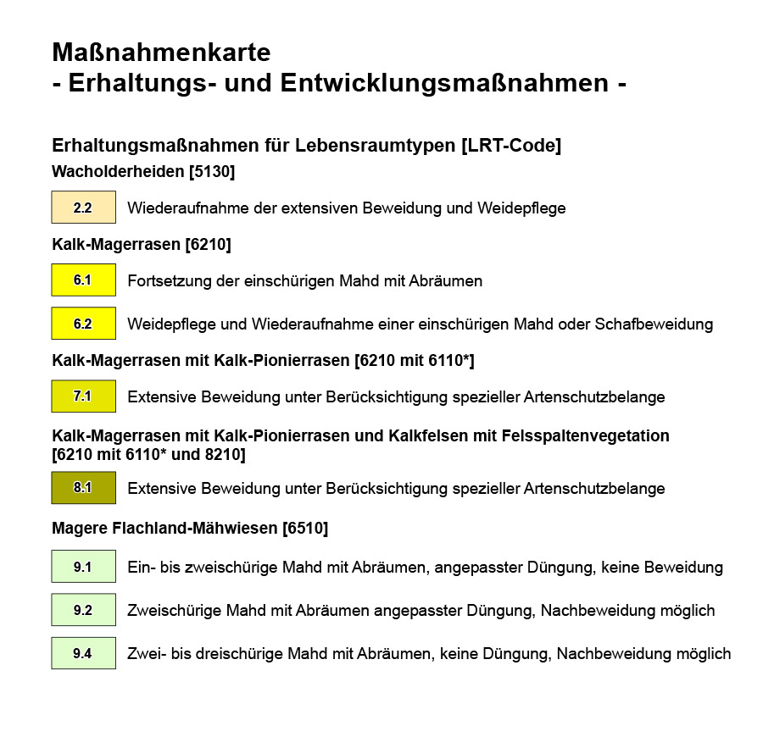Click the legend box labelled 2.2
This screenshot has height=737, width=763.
tap(83, 208)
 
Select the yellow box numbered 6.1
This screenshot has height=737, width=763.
tap(83, 280)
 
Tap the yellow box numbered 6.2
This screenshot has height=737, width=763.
tap(83, 324)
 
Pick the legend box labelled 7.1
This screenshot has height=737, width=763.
tap(83, 396)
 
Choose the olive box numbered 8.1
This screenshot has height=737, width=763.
tap(83, 488)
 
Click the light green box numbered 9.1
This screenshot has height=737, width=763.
tap(83, 567)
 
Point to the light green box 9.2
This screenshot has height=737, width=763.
tap(83, 610)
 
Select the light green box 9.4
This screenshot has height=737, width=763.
tap(83, 653)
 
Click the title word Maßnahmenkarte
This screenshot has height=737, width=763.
tap(161, 53)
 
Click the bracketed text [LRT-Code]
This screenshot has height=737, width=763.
tap(510, 146)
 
